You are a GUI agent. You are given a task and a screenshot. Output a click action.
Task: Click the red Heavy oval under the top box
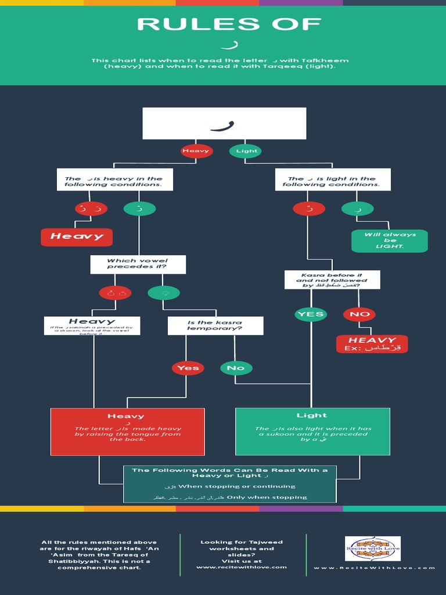[196, 151]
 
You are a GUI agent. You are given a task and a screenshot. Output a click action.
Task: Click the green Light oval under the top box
[246, 151]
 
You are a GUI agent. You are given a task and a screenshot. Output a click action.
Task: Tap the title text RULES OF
[229, 24]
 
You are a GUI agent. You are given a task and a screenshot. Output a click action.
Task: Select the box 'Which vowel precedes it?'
[138, 264]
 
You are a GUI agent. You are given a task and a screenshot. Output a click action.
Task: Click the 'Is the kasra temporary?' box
[215, 325]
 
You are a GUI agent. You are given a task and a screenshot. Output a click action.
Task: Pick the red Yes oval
[188, 368]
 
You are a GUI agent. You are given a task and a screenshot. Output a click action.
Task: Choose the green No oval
[236, 368]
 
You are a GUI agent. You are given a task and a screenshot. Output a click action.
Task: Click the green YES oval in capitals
[311, 314]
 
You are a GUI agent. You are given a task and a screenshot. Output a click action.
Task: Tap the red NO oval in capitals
[359, 314]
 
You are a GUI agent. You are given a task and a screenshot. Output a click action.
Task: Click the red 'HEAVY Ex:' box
[372, 344]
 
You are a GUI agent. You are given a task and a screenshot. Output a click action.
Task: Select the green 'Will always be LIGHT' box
[390, 241]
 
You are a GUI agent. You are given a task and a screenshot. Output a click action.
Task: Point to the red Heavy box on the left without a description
[76, 236]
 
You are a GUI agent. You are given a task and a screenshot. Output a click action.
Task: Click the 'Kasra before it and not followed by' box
[332, 279]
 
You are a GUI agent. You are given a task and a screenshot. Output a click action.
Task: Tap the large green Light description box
[312, 431]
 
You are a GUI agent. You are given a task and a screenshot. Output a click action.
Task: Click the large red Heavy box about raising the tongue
[127, 431]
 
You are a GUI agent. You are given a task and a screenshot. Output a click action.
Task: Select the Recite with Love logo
[373, 549]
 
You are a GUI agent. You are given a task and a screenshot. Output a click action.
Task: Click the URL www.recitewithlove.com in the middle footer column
[242, 567]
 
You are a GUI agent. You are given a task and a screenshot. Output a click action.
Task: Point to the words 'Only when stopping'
[267, 497]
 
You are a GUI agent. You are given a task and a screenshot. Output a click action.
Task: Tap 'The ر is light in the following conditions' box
[333, 180]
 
